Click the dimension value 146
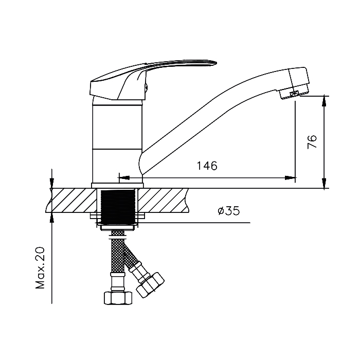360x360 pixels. pos(207,166)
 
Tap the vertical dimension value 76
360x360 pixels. pos(312,141)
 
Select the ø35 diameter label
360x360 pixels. pos(228,211)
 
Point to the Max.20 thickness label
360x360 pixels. pos(40,268)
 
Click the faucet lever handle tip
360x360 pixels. pos(216,62)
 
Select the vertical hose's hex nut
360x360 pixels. pos(118,298)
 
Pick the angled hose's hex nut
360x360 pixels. pos(151,285)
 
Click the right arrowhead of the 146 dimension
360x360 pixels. pos(290,178)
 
